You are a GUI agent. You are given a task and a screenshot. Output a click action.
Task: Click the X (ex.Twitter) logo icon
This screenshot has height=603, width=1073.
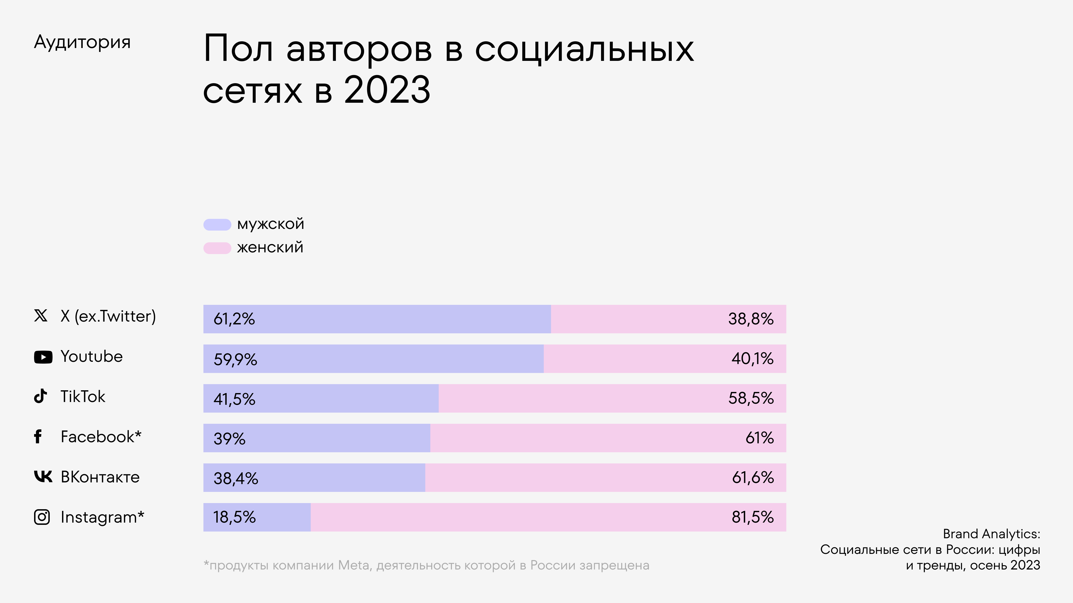[41, 316]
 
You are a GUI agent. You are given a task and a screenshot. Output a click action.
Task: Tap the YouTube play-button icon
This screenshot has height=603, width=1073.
[43, 357]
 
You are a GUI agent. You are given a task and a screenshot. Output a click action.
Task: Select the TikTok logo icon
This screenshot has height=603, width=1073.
[41, 396]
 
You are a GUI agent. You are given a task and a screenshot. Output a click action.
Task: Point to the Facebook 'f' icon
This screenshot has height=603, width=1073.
[38, 437]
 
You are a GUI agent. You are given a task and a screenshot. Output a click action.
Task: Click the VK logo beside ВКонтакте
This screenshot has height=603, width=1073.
[43, 477]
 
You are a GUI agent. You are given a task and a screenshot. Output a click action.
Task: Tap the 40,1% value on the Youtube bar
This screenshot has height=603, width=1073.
[752, 359]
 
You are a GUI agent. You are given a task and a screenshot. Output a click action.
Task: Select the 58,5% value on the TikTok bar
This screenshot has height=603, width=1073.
[751, 398]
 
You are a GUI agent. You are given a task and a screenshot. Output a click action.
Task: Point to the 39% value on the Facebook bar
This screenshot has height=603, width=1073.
[229, 439]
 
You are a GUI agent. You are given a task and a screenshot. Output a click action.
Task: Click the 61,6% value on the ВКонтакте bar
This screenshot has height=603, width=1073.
[753, 478]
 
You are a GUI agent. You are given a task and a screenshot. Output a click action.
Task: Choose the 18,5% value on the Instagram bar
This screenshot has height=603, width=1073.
[234, 517]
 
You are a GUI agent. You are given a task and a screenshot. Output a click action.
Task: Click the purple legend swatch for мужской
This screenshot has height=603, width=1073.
[217, 225]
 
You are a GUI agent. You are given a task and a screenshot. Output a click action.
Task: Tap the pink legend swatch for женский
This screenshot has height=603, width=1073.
[217, 248]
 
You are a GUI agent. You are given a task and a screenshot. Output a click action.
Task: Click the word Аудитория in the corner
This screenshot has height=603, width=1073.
[82, 42]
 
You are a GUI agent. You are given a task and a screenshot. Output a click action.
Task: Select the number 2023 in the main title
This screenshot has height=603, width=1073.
[387, 90]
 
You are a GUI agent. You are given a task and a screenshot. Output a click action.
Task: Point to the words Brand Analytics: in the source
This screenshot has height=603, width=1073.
[991, 534]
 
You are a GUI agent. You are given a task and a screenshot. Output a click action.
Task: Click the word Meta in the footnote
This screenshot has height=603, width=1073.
[353, 566]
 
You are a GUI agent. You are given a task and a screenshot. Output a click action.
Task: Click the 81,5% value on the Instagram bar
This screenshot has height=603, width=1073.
[752, 517]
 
